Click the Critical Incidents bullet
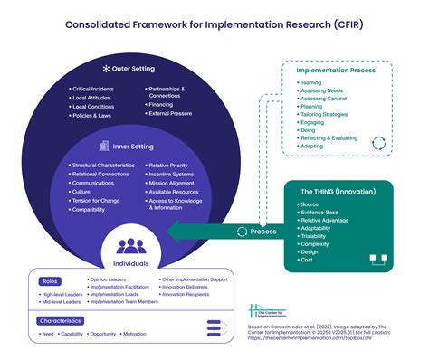(x=94, y=90)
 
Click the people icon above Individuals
(x=131, y=244)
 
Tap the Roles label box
(x=50, y=280)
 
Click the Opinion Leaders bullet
(x=111, y=280)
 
